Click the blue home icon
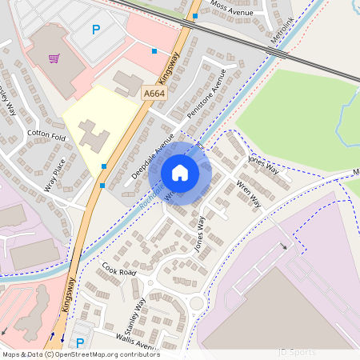pyautogui.click(x=180, y=172)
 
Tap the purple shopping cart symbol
pyautogui.click(x=54, y=58)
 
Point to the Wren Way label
pyautogui.click(x=248, y=193)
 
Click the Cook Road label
pyautogui.click(x=118, y=273)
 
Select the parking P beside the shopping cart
pyautogui.click(x=96, y=30)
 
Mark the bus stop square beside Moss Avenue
pyautogui.click(x=196, y=15)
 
